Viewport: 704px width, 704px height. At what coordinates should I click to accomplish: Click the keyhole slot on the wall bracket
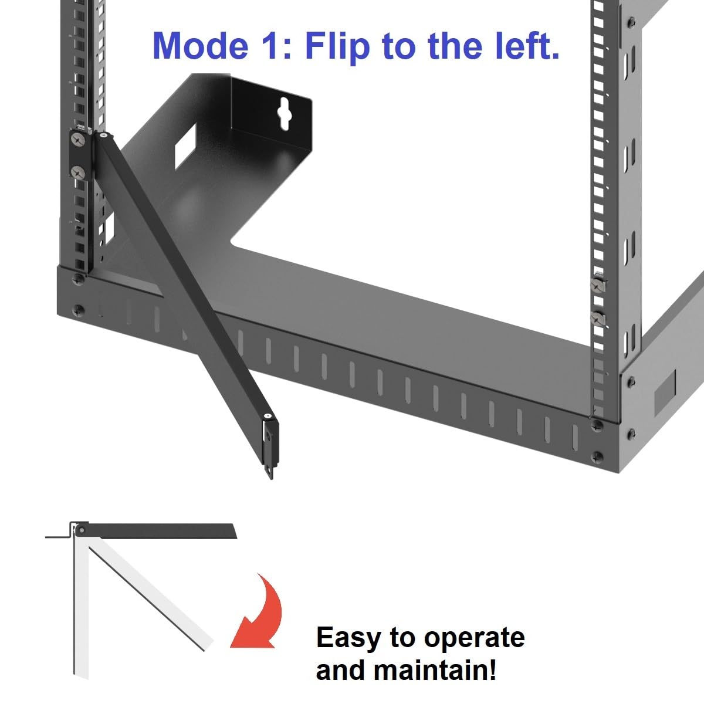point(285,110)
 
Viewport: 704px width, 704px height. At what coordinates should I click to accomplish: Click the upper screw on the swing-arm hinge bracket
point(78,140)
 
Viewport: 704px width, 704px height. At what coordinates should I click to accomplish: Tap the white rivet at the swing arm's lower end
point(268,417)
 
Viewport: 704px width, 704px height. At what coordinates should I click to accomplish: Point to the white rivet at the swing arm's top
point(103,136)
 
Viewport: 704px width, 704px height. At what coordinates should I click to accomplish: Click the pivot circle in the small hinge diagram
point(82,531)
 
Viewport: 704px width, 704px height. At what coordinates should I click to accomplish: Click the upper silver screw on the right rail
point(597,286)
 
